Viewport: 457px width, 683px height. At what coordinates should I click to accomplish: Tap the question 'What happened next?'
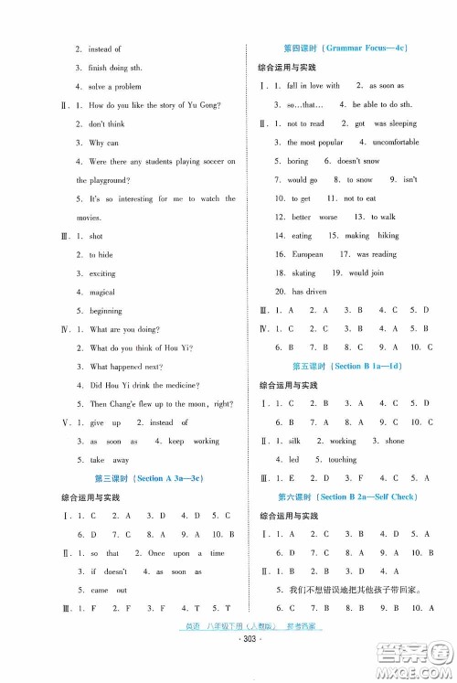pyautogui.click(x=127, y=366)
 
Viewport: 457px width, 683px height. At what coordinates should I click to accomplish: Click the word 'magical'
pyautogui.click(x=102, y=292)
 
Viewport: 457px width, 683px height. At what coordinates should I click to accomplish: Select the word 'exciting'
pyautogui.click(x=102, y=273)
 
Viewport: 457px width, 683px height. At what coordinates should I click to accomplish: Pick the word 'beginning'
pyautogui.click(x=106, y=311)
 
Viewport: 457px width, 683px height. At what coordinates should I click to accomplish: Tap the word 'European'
pyautogui.click(x=307, y=254)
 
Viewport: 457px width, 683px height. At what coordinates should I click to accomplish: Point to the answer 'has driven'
pyautogui.click(x=309, y=292)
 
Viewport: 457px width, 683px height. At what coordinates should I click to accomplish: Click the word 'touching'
pyautogui.click(x=343, y=459)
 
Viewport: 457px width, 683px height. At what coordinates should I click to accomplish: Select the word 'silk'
pyautogui.click(x=294, y=441)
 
